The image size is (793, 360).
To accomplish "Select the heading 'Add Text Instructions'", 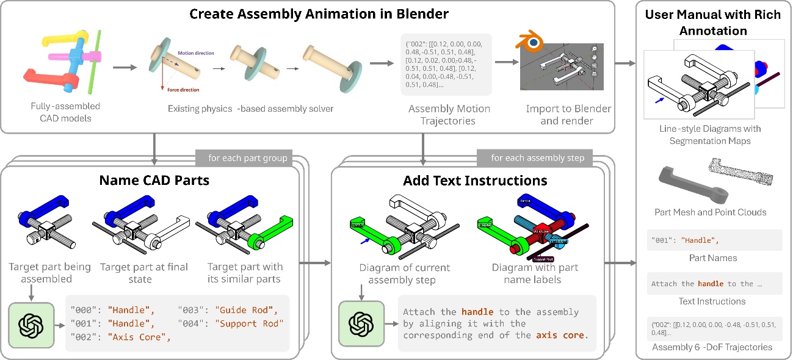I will (475, 180).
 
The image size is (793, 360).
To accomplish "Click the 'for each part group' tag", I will (247, 158).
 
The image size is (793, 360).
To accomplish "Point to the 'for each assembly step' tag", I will (537, 158).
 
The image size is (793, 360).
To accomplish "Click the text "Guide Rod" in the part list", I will (243, 309).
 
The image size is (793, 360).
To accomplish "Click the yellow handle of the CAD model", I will (61, 39).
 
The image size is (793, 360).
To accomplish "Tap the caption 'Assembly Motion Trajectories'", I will (449, 115).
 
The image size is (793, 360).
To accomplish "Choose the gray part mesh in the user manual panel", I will (685, 183).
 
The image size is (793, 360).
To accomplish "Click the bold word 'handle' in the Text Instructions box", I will (710, 284).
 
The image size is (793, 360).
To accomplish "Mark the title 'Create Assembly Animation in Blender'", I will (319, 13).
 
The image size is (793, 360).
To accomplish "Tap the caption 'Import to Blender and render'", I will (568, 115).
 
